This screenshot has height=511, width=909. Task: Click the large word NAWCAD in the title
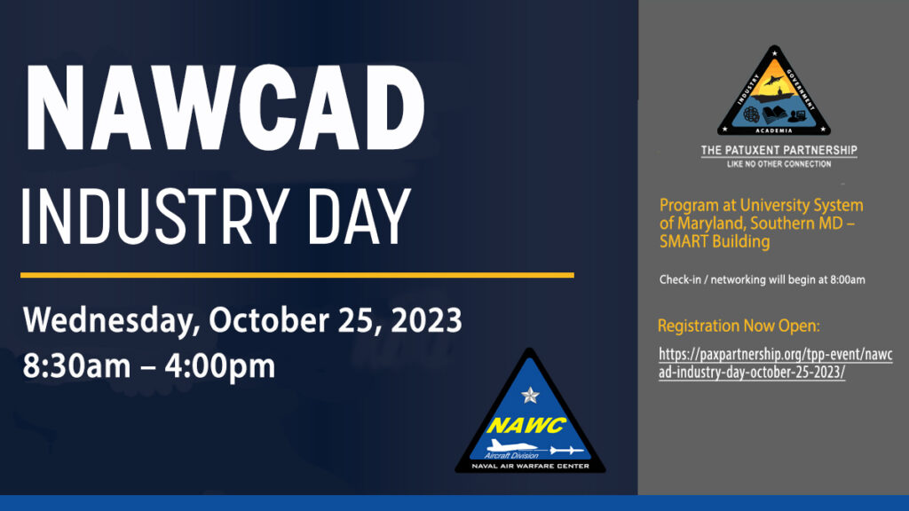click(225, 108)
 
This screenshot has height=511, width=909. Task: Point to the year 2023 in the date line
click(426, 319)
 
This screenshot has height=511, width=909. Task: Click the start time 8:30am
click(76, 366)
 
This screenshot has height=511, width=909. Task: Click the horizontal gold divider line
click(297, 275)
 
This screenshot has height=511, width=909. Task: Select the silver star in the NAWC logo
click(530, 395)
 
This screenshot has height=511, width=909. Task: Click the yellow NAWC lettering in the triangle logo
click(526, 426)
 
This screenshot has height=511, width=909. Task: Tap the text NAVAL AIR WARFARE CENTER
click(531, 466)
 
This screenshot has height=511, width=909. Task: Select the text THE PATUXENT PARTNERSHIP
click(779, 151)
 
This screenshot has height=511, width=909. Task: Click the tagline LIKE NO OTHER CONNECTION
click(779, 164)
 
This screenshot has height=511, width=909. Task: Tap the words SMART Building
click(715, 241)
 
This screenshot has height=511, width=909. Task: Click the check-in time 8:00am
click(848, 279)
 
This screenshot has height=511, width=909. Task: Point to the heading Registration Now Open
click(739, 326)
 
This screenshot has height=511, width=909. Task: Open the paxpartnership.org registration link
click(776, 363)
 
